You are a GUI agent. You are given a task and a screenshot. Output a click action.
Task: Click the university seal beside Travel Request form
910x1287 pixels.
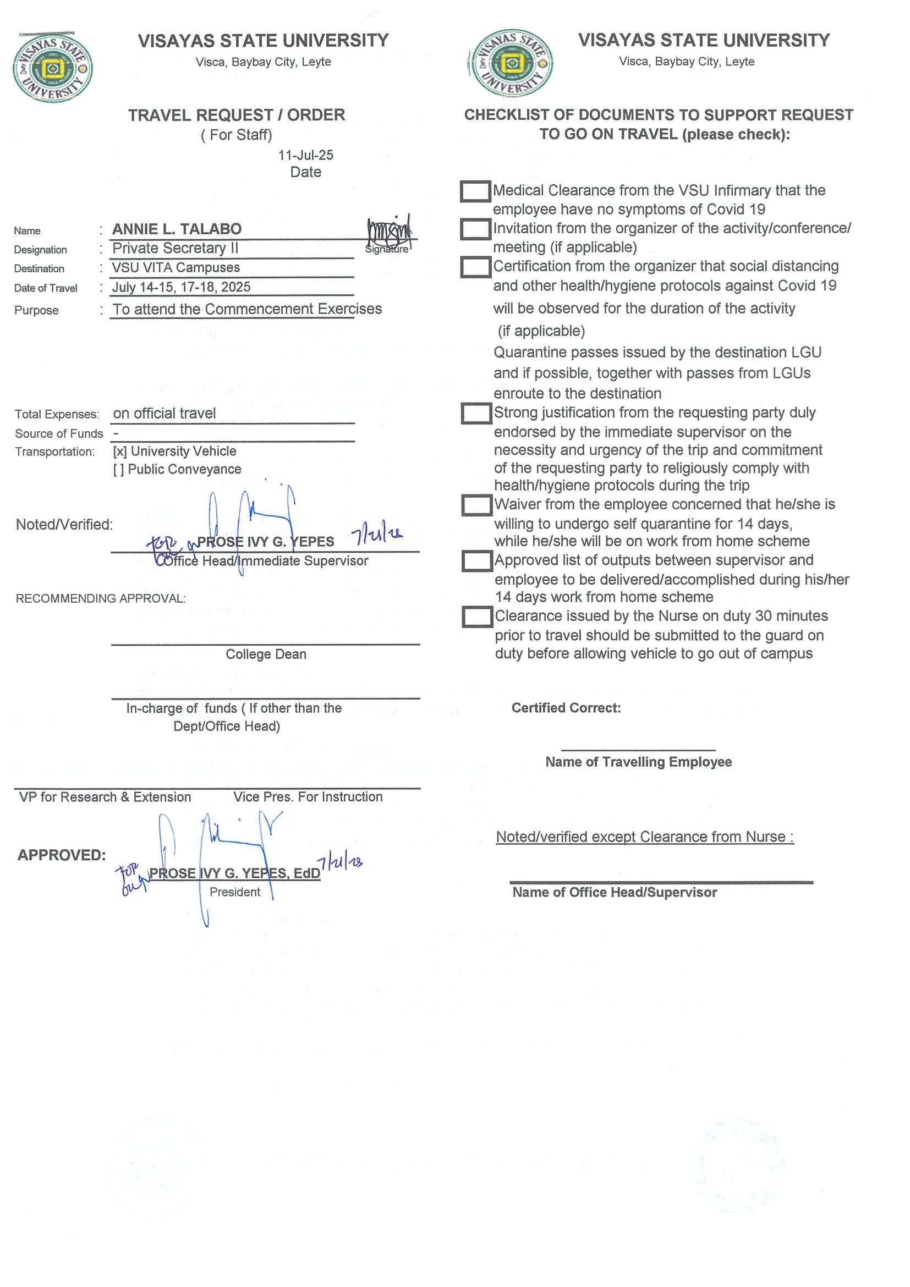click(53, 68)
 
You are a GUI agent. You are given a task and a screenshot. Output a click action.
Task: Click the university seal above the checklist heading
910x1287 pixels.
click(511, 63)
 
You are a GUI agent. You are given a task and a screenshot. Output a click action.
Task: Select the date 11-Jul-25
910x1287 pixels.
click(305, 155)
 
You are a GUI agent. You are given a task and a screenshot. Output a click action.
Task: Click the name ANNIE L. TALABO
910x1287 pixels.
click(177, 229)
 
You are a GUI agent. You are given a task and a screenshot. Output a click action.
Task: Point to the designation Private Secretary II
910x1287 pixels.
click(175, 248)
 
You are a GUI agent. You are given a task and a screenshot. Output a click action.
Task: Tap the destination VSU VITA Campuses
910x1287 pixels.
click(176, 268)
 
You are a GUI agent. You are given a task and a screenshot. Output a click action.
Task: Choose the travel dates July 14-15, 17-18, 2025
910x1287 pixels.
click(181, 288)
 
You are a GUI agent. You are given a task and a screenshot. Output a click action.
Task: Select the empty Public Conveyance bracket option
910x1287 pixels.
click(118, 470)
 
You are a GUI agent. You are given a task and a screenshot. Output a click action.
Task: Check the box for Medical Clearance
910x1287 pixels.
click(475, 191)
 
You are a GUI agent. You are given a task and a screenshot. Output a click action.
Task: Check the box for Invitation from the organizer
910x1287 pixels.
click(475, 229)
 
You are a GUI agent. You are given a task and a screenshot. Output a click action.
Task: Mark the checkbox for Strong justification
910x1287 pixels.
click(476, 414)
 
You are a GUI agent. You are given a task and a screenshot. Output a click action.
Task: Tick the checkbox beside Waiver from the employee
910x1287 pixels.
click(476, 505)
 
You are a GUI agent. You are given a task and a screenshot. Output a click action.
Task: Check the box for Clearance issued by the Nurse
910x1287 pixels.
click(476, 617)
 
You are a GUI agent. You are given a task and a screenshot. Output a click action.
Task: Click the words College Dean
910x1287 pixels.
click(266, 654)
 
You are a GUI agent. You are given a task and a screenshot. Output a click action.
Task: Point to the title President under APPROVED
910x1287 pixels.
click(234, 893)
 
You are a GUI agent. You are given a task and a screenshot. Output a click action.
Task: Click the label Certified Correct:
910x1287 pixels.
click(566, 708)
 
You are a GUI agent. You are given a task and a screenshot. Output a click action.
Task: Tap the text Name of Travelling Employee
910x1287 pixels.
click(638, 762)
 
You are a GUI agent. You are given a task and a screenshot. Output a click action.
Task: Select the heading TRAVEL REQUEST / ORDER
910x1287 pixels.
click(236, 116)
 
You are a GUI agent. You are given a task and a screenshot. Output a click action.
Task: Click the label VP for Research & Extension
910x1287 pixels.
click(105, 797)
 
